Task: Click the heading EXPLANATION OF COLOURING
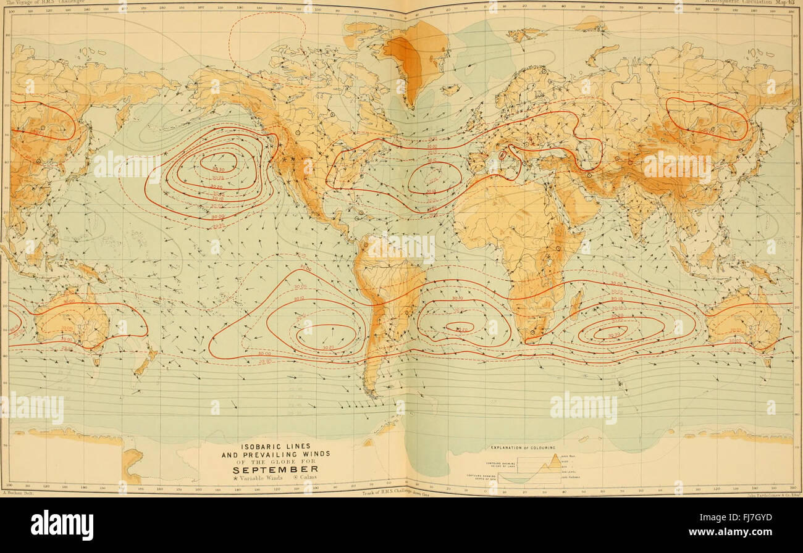pos(523,447)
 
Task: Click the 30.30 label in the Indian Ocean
pos(613,335)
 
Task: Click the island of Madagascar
pos(575,302)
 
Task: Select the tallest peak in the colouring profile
pos(555,458)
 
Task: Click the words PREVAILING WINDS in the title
pos(275,454)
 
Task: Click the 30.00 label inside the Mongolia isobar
pos(707,131)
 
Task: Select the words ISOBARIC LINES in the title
pos(275,446)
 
